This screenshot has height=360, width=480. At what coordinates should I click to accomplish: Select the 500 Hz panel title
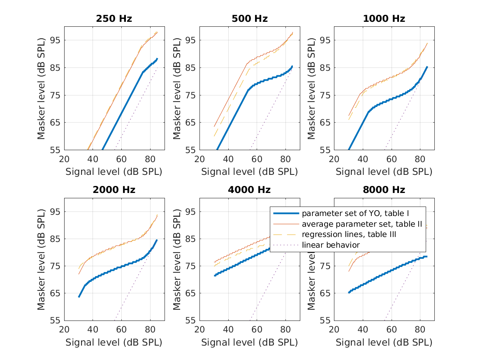249,19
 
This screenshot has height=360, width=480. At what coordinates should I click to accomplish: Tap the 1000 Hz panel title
384,19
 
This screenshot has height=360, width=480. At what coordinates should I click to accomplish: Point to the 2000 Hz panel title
114,190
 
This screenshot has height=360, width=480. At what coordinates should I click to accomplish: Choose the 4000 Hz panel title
249,190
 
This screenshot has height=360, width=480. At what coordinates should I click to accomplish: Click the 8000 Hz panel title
384,190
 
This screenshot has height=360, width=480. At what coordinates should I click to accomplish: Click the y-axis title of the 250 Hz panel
42,88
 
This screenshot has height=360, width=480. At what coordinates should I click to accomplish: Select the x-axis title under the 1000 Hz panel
384,172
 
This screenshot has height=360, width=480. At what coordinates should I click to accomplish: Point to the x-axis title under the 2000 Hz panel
114,343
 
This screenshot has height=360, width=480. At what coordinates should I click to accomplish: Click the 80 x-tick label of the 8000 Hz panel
420,329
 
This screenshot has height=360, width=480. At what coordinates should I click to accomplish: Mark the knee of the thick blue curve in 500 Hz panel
248,90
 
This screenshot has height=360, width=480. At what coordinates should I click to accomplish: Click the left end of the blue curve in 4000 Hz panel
215,275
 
